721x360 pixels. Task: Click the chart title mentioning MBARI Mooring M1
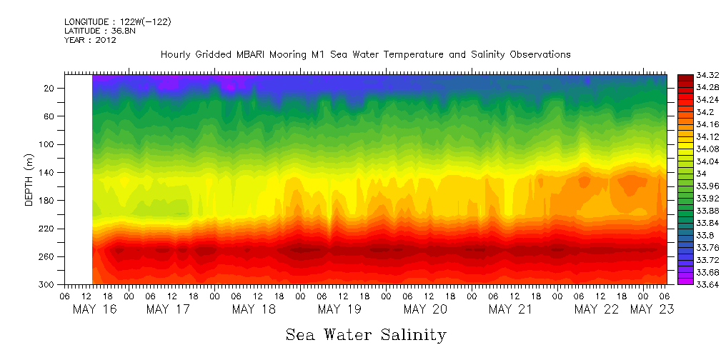365,54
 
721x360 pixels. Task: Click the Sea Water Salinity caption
366,334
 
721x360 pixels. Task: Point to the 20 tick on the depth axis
50,89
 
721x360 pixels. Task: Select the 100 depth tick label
48,144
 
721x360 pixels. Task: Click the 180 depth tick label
48,201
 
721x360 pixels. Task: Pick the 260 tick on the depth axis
48,257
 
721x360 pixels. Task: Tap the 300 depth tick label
48,285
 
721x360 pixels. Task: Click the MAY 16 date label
95,309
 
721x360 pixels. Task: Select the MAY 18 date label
254,309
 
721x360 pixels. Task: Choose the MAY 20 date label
425,309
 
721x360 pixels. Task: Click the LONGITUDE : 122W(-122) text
118,22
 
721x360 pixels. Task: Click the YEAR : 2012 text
90,40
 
